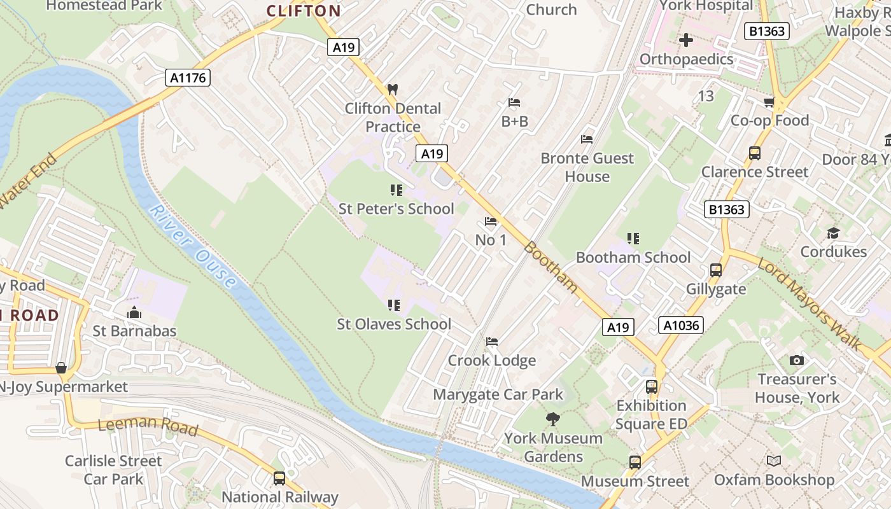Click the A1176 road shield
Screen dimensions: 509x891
pos(188,78)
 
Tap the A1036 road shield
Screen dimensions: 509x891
pos(681,326)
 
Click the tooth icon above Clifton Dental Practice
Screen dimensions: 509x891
pos(393,90)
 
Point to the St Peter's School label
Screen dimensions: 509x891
pos(396,209)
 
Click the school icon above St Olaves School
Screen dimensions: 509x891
pos(394,306)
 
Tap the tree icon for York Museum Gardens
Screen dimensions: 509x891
pos(552,419)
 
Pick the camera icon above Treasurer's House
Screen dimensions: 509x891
pos(796,361)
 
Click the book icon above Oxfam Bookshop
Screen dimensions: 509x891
pos(774,461)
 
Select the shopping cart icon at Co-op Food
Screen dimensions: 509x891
pos(769,102)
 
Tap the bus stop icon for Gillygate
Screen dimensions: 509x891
pos(716,270)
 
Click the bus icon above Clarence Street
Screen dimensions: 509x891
pos(755,153)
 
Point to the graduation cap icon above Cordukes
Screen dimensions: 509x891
pos(833,234)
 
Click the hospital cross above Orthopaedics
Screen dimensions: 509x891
pos(686,41)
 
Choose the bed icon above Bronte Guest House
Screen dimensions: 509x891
pos(587,139)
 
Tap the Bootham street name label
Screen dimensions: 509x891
pos(551,267)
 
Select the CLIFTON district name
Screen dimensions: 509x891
pos(304,11)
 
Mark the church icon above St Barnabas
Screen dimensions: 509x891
pos(134,312)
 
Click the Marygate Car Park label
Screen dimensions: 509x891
pos(498,394)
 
